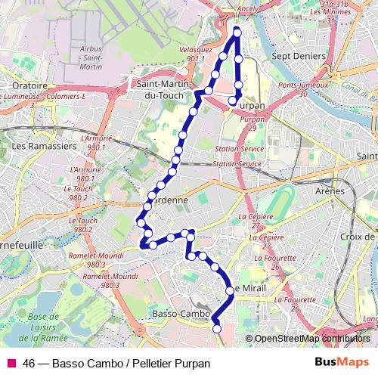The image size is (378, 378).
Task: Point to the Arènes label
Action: (x=330, y=191)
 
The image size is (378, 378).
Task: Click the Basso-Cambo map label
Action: (x=181, y=313)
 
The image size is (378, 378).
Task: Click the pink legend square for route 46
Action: (x=11, y=363)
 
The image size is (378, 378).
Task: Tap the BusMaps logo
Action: (x=342, y=363)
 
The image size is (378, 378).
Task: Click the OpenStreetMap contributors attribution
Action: (x=312, y=339)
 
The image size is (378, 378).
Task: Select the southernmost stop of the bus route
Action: (x=217, y=328)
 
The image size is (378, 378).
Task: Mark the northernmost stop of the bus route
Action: (x=237, y=33)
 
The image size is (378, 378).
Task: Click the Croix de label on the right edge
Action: (x=358, y=237)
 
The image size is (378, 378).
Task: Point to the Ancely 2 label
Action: (x=248, y=11)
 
